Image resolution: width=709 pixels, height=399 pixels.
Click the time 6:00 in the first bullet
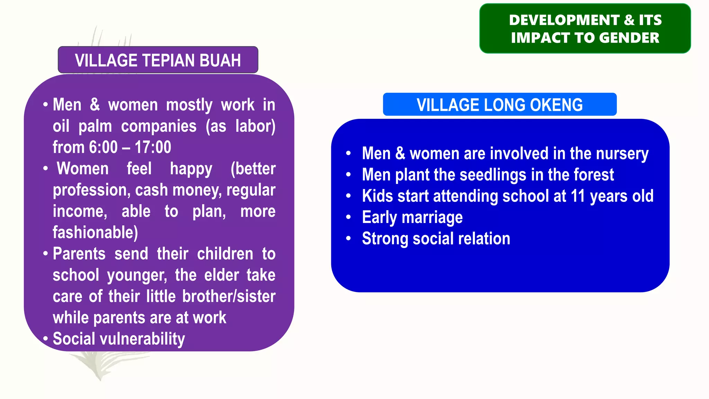point(103,147)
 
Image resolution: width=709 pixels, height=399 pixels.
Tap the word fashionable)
point(95,232)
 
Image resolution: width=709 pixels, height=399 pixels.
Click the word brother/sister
point(229,296)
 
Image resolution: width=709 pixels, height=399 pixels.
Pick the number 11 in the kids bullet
point(577,196)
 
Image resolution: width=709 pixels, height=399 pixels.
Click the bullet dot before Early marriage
point(348,218)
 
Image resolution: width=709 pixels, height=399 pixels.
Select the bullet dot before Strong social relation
point(348,239)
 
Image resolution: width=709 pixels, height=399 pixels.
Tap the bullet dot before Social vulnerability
point(45,338)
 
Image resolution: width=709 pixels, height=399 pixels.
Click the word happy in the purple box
point(191,169)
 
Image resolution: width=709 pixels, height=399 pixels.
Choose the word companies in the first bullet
point(159,126)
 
